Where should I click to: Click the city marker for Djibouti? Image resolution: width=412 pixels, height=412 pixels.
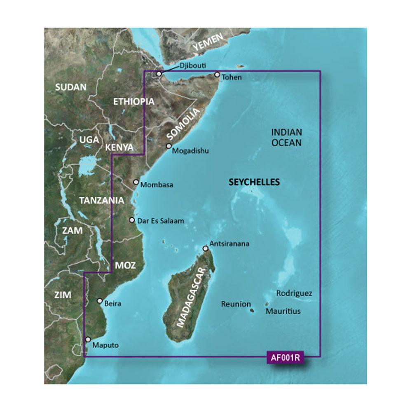click(159, 73)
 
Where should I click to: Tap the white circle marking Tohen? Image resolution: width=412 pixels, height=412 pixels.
click(217, 75)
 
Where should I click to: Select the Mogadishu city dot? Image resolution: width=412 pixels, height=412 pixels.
click(169, 146)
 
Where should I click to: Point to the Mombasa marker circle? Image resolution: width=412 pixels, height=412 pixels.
click(136, 182)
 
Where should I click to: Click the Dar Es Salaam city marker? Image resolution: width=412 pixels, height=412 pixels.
click(132, 220)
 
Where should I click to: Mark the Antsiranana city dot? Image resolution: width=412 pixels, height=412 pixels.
click(206, 248)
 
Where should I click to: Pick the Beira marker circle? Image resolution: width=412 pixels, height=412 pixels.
click(100, 301)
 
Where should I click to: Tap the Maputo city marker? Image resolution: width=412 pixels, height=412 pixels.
click(87, 339)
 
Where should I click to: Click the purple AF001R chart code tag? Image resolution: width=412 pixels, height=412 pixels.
click(285, 358)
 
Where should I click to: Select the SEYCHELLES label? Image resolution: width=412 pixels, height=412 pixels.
click(254, 182)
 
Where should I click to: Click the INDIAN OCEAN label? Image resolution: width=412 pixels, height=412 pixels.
click(287, 138)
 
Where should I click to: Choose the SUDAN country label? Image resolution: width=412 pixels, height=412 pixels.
click(71, 87)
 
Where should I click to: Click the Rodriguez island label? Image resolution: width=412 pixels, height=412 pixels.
click(294, 294)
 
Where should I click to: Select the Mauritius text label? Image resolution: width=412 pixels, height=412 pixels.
click(283, 311)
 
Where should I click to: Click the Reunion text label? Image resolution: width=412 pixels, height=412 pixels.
click(236, 304)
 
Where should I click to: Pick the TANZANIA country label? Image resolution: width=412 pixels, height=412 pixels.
click(101, 201)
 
